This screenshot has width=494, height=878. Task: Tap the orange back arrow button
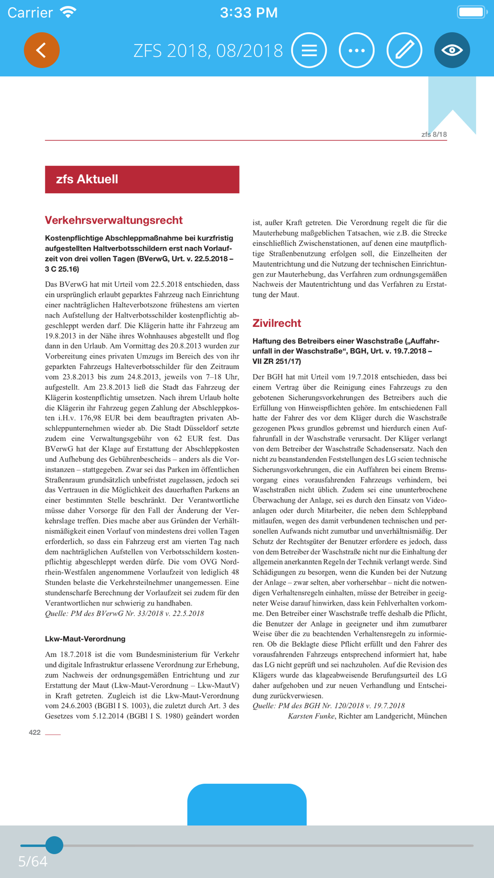click(x=41, y=50)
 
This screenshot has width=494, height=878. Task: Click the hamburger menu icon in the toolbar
click(x=309, y=50)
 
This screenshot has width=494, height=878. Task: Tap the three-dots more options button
click(x=357, y=50)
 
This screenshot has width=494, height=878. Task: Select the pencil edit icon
click(x=404, y=50)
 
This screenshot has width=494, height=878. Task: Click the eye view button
click(x=452, y=50)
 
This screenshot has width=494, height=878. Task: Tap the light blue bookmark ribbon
click(x=452, y=101)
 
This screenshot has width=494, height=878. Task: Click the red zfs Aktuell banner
click(x=142, y=179)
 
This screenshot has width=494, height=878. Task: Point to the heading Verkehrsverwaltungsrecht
click(x=114, y=220)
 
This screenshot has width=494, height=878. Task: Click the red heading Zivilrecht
click(x=277, y=323)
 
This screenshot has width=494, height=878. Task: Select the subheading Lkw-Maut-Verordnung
click(x=85, y=639)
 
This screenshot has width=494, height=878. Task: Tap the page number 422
click(x=35, y=732)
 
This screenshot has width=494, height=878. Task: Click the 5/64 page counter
click(x=33, y=861)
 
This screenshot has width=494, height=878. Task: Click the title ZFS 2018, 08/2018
click(x=208, y=50)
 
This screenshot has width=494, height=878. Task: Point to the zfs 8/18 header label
click(x=434, y=134)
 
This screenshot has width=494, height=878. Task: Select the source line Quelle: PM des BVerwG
click(x=124, y=613)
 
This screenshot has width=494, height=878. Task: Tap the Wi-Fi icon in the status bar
click(x=68, y=12)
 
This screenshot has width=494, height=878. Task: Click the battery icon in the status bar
click(x=472, y=12)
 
